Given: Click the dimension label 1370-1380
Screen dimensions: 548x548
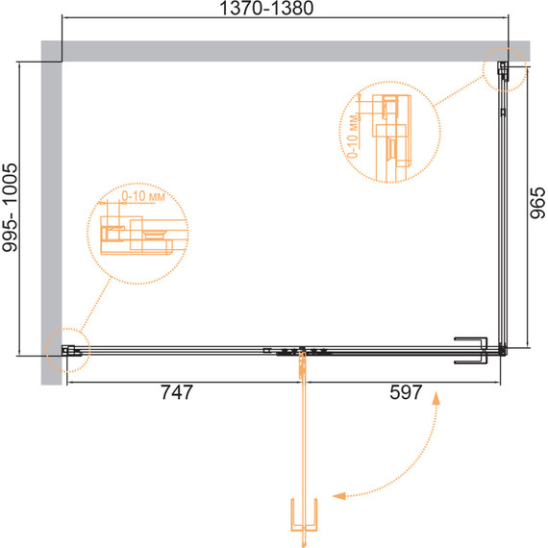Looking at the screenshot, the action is [266, 8].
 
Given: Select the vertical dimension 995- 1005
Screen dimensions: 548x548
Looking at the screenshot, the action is [10, 208].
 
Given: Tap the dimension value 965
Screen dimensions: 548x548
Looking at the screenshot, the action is [537, 203].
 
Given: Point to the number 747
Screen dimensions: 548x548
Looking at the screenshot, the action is [177, 392].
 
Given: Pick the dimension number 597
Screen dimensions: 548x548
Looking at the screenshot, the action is [406, 392].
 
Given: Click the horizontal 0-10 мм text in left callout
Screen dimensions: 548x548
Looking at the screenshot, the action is [143, 196].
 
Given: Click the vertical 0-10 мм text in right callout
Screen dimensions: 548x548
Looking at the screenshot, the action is [354, 137].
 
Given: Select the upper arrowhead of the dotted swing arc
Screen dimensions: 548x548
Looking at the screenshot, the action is [436, 398].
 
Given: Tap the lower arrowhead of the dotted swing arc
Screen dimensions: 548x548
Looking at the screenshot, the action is [338, 495].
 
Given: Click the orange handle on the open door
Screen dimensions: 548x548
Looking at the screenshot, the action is [304, 515].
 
